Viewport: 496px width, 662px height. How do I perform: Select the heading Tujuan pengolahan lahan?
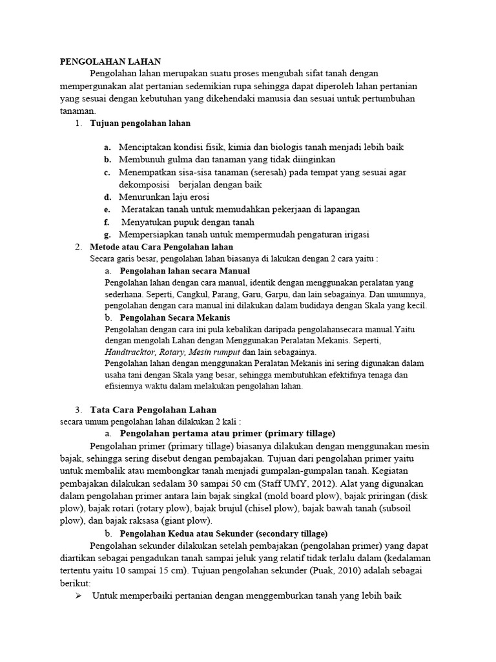click(140, 123)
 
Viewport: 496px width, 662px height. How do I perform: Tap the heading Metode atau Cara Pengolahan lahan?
click(161, 247)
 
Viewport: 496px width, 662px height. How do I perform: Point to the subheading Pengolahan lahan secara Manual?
click(185, 271)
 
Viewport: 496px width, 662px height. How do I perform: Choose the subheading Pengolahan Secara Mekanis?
click(174, 318)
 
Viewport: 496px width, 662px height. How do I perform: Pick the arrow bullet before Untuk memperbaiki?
click(79, 596)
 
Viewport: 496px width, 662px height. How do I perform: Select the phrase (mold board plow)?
click(291, 495)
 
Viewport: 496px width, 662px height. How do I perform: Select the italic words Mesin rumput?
click(214, 352)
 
